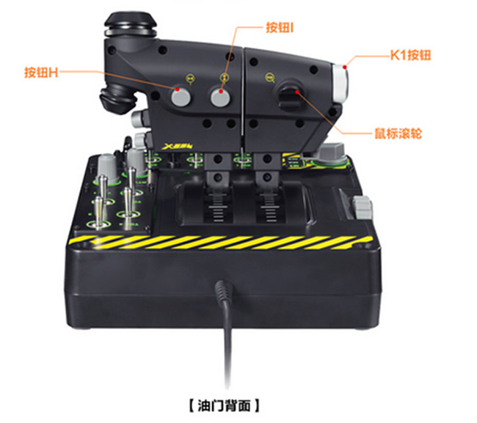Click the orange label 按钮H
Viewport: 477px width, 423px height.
click(41, 73)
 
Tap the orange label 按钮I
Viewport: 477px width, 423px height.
click(280, 27)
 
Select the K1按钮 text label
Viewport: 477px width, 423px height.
click(411, 55)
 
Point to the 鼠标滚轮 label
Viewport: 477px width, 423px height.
click(398, 133)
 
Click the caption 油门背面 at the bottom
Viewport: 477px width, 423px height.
click(225, 405)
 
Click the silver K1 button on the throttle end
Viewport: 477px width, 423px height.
click(341, 83)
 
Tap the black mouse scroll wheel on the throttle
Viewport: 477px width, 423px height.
click(289, 96)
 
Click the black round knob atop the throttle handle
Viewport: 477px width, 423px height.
click(131, 23)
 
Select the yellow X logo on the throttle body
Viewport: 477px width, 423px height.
click(177, 146)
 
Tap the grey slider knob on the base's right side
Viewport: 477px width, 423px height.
click(363, 207)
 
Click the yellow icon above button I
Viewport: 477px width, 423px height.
click(225, 77)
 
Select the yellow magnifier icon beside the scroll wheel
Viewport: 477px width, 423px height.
click(269, 78)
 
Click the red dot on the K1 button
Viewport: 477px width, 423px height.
click(345, 67)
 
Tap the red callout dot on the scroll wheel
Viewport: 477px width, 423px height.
click(297, 92)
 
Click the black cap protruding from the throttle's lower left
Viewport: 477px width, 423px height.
click(117, 99)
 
